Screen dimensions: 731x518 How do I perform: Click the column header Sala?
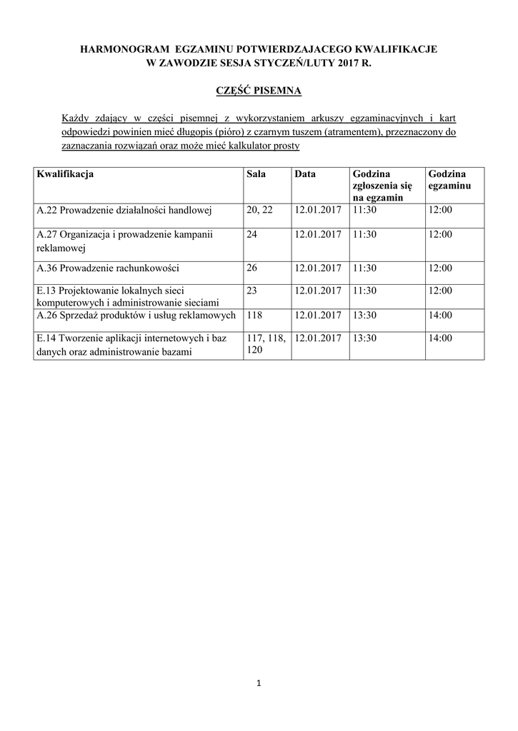(256, 174)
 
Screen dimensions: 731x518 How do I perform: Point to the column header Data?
(304, 174)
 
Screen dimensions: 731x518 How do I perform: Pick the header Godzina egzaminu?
(447, 180)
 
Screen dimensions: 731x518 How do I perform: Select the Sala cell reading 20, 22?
(259, 211)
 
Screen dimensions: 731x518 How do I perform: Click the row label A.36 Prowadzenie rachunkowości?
(108, 268)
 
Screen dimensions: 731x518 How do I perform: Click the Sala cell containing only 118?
(254, 315)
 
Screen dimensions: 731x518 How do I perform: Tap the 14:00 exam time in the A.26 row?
(440, 315)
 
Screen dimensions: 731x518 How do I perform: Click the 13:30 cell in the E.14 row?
(364, 338)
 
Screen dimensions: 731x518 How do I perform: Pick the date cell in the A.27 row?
(317, 234)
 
